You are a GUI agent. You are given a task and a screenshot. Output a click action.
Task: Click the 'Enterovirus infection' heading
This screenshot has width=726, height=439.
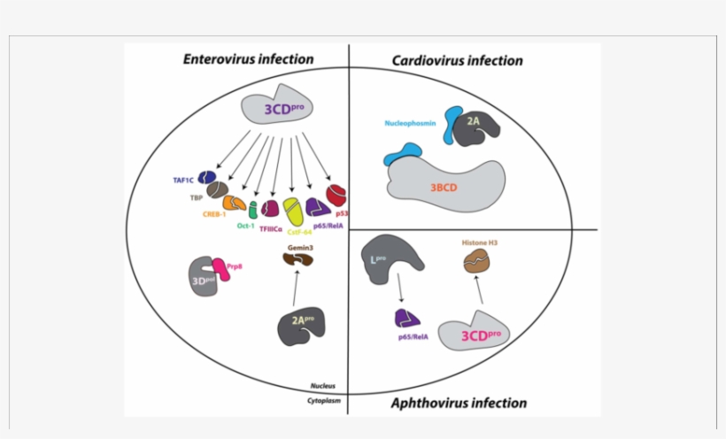[x=248, y=59]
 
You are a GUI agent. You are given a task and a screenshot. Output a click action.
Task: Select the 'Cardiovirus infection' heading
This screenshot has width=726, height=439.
[x=457, y=61]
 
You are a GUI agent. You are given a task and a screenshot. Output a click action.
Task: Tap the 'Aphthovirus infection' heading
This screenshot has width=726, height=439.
[x=458, y=404]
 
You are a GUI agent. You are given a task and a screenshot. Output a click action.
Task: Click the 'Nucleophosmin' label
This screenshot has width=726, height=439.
[x=411, y=123]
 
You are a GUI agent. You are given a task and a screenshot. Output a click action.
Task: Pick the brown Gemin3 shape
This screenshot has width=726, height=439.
[x=297, y=259]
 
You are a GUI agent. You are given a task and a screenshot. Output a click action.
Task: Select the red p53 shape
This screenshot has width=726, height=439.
[x=336, y=194]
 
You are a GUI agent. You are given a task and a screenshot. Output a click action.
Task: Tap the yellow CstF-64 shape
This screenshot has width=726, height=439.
[x=294, y=211]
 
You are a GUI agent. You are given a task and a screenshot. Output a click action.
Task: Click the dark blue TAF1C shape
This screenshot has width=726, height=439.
[x=208, y=178]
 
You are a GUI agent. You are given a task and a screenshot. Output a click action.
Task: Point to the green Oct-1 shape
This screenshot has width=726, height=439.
[x=253, y=210]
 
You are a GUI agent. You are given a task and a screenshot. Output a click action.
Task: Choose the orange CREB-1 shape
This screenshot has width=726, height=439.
[x=235, y=203]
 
